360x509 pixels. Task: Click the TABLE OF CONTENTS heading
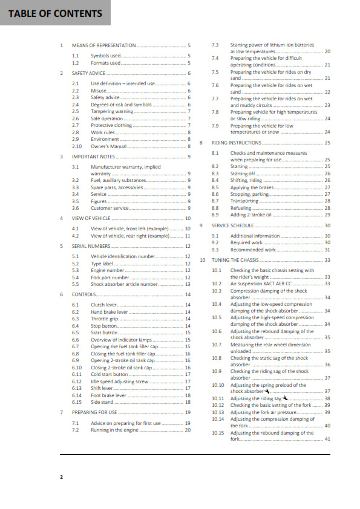(54, 13)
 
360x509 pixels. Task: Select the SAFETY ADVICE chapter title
(88, 73)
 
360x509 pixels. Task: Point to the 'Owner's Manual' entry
(109, 146)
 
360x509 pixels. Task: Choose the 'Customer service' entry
(110, 208)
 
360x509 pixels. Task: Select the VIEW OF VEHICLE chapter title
(92, 218)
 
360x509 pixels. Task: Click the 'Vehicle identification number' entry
(123, 256)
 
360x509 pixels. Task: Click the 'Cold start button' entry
(110, 374)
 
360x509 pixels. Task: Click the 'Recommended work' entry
(253, 250)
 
